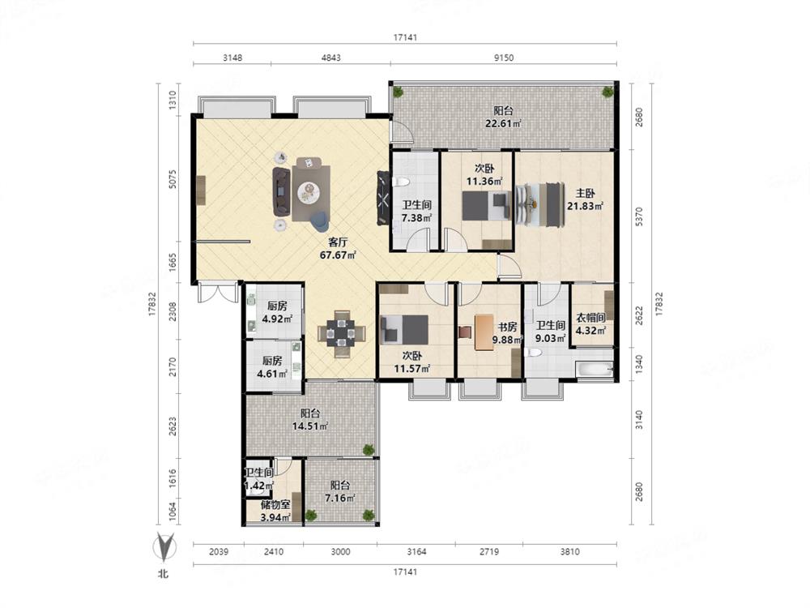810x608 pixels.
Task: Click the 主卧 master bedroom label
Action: pyautogui.click(x=586, y=194)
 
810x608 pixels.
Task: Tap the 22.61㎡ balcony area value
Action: pyautogui.click(x=503, y=123)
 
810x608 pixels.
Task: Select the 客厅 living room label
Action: pyautogui.click(x=338, y=242)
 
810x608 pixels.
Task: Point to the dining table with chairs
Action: pyautogui.click(x=342, y=333)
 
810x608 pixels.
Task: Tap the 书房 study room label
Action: pyautogui.click(x=507, y=327)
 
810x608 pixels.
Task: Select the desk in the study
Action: pyautogui.click(x=484, y=332)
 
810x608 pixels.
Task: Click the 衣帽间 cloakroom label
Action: pyautogui.click(x=590, y=317)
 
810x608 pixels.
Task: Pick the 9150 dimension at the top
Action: pyautogui.click(x=504, y=58)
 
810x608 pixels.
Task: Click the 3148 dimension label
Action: pyautogui.click(x=232, y=58)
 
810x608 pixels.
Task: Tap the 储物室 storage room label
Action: pyautogui.click(x=275, y=504)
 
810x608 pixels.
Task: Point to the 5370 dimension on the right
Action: pyautogui.click(x=639, y=216)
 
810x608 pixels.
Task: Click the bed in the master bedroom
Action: pyautogui.click(x=539, y=204)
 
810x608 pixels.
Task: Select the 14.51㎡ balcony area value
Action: pyautogui.click(x=310, y=426)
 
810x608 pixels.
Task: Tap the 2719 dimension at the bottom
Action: pyautogui.click(x=489, y=551)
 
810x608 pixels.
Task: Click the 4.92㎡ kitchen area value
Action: pyautogui.click(x=277, y=319)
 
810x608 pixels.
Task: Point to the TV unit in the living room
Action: pyautogui.click(x=383, y=198)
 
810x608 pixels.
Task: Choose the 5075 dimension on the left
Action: pyautogui.click(x=173, y=179)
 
